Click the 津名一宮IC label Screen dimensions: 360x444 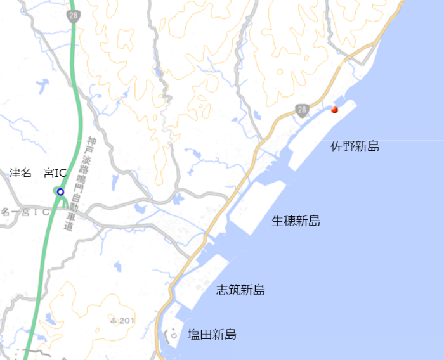pyautogui.click(x=38, y=172)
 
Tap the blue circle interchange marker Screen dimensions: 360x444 pyautogui.click(x=60, y=191)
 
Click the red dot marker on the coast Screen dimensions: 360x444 pyautogui.click(x=334, y=110)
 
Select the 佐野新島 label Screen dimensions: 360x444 pyautogui.click(x=355, y=147)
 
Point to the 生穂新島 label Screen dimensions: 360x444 pyautogui.click(x=296, y=221)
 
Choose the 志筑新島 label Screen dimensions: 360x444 pyautogui.click(x=240, y=290)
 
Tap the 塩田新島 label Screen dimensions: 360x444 pyautogui.click(x=212, y=334)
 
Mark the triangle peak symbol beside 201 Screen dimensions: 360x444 pyautogui.click(x=114, y=321)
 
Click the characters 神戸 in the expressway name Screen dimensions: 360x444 pyautogui.click(x=91, y=143)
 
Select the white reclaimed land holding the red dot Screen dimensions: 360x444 pyautogui.click(x=320, y=127)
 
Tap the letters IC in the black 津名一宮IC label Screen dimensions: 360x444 pyautogui.click(x=60, y=172)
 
